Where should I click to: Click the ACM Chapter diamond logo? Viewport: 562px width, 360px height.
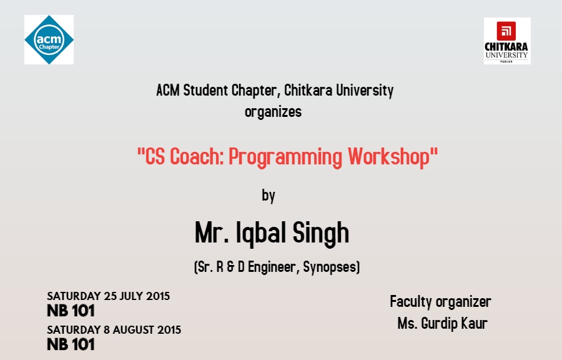click(x=49, y=40)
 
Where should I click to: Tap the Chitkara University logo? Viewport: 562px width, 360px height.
click(x=507, y=41)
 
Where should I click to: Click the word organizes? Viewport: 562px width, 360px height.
click(x=273, y=112)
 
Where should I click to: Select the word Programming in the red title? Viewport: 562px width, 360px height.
click(x=285, y=157)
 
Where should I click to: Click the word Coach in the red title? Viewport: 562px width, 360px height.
click(x=197, y=156)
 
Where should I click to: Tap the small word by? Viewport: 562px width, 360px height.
click(x=269, y=196)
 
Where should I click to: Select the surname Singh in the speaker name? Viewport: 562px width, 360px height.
click(x=321, y=233)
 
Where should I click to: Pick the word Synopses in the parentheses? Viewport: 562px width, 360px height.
click(x=331, y=267)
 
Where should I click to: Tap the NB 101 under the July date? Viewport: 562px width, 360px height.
click(x=71, y=311)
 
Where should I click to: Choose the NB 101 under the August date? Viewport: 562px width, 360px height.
click(x=71, y=344)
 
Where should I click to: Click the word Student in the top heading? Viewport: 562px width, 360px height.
click(x=205, y=91)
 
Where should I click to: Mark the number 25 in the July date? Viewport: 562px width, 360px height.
click(x=111, y=296)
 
